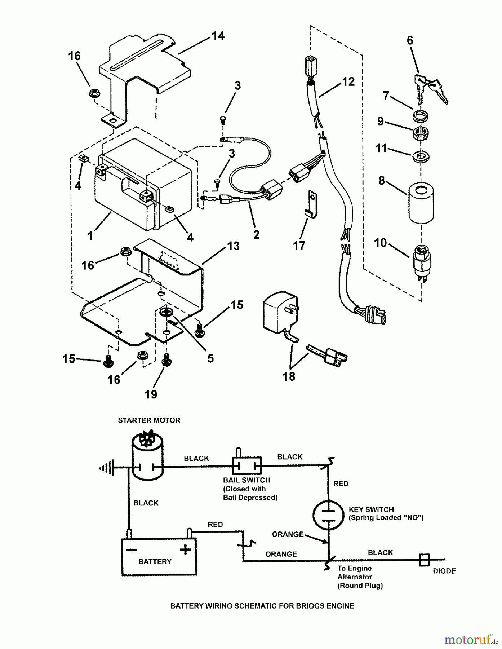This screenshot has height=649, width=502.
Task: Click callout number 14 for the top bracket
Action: coord(218,36)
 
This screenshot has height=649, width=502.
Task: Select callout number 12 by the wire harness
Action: coord(348,82)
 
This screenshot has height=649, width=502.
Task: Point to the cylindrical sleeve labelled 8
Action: coord(421,203)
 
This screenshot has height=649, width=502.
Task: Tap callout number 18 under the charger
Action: coord(289,376)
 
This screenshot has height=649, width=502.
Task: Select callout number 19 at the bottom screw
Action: coord(151,394)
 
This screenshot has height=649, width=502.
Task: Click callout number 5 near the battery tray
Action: coord(210,358)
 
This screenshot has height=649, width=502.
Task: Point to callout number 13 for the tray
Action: coord(234,246)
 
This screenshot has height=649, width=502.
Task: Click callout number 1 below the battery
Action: coord(90,236)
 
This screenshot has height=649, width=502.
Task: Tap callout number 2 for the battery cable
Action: coord(256,235)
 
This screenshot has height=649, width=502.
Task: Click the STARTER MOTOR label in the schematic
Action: coord(149,420)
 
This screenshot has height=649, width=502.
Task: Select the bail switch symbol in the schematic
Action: coord(246,466)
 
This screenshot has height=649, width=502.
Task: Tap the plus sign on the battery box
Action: coord(185,550)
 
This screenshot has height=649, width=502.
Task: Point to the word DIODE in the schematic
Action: coord(444,571)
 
